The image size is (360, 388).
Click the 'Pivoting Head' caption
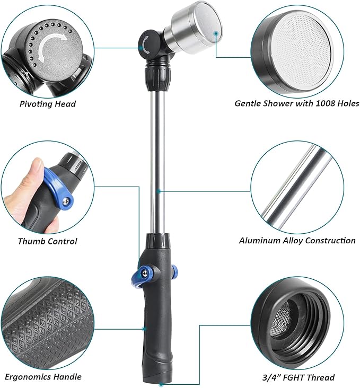coord(47,103)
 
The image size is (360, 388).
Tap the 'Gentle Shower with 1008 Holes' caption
coord(296,103)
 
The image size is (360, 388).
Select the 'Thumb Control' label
coord(47,241)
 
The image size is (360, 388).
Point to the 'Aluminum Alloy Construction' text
coord(297,241)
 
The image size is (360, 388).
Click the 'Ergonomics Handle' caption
coord(43,377)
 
